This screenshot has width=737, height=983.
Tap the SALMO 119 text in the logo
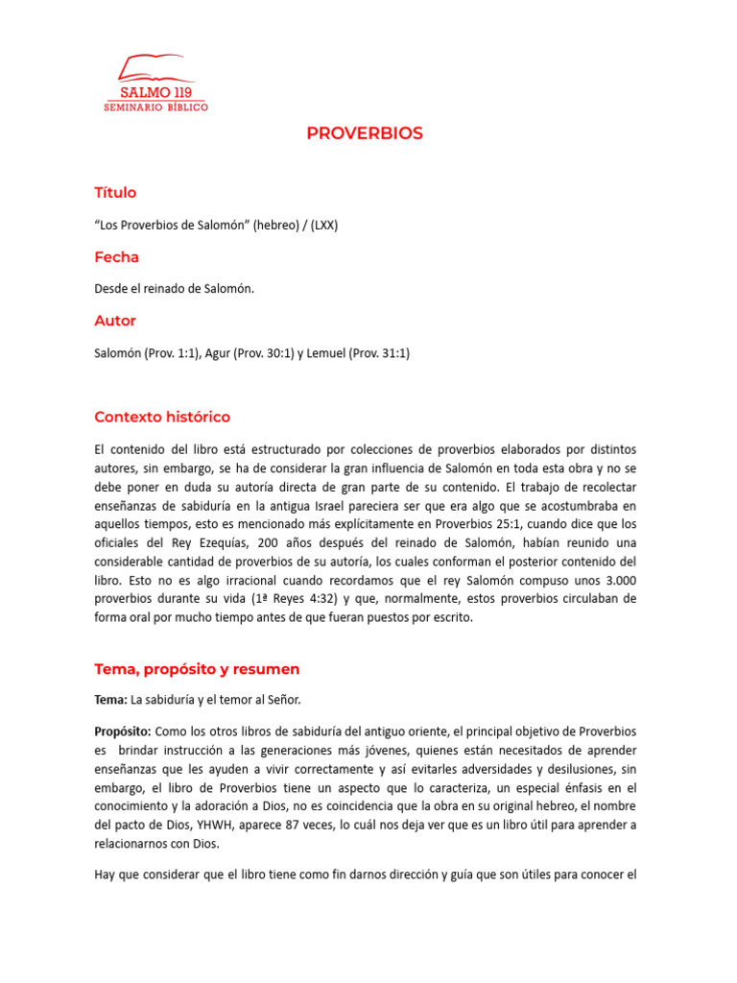pyautogui.click(x=155, y=92)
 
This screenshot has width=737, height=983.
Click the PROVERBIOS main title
pyautogui.click(x=365, y=133)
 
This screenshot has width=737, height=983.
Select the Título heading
pyautogui.click(x=115, y=193)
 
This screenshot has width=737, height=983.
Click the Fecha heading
pyautogui.click(x=116, y=257)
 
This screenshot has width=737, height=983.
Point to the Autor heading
pyautogui.click(x=115, y=321)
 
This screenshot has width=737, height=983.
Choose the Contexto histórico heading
pyautogui.click(x=162, y=417)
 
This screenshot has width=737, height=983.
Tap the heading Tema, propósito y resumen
pyautogui.click(x=197, y=668)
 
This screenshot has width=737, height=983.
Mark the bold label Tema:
pyautogui.click(x=111, y=699)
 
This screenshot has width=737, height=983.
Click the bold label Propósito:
pyautogui.click(x=122, y=731)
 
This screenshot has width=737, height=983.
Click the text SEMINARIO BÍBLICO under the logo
pyautogui.click(x=155, y=107)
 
